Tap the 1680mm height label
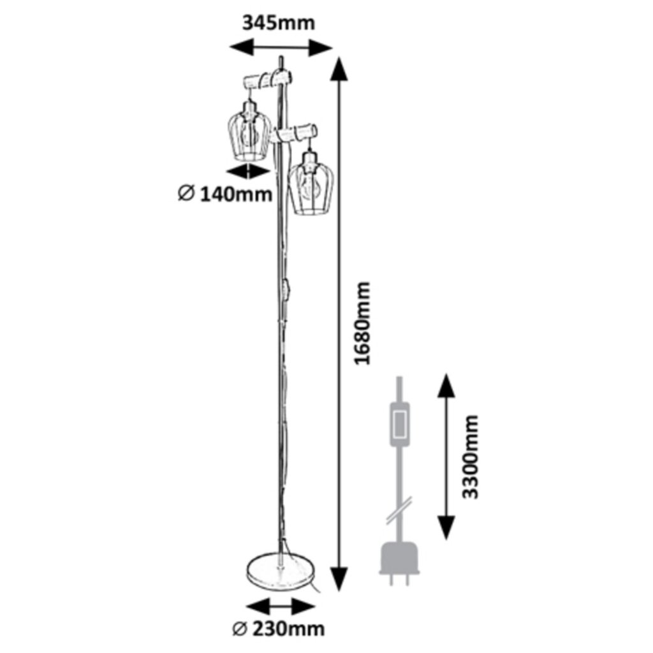pyautogui.click(x=362, y=323)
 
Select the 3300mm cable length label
pyautogui.click(x=471, y=457)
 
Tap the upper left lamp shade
pyautogui.click(x=249, y=131)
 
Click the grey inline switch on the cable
pyautogui.click(x=400, y=423)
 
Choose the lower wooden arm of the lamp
pyautogui.click(x=295, y=133)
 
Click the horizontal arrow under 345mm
pyautogui.click(x=281, y=47)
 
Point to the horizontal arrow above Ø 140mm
pyautogui.click(x=249, y=170)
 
